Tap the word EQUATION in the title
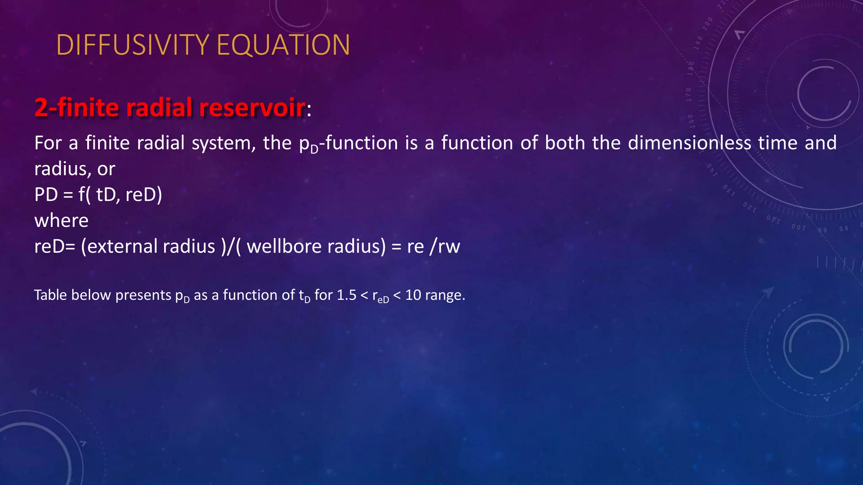(283, 45)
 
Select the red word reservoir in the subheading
(252, 107)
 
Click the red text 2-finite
(76, 107)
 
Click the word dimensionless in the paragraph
(689, 143)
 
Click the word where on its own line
(62, 221)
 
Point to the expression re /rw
(434, 246)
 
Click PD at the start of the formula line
(46, 195)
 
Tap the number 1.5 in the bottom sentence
(346, 295)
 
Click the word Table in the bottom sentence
(50, 295)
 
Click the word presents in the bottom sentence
(143, 296)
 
